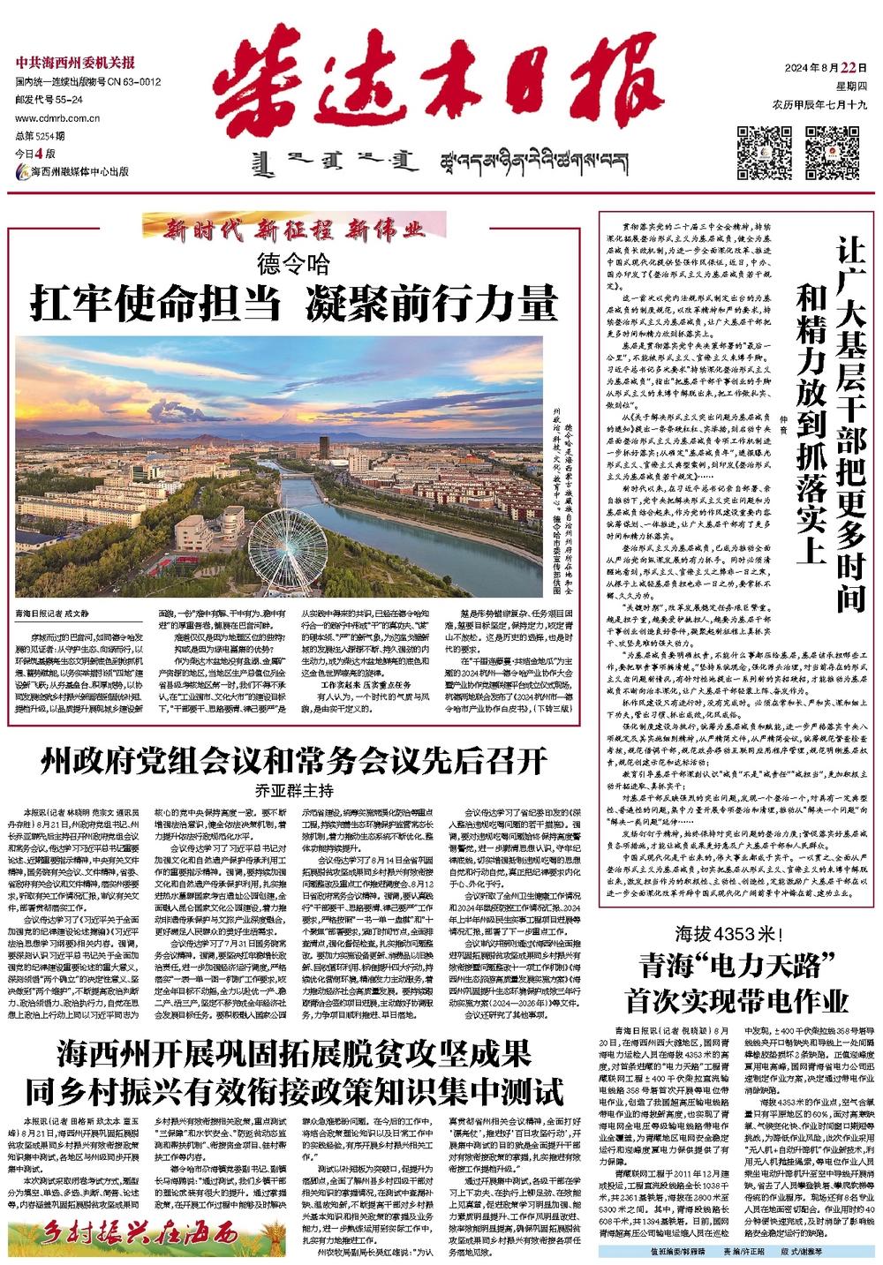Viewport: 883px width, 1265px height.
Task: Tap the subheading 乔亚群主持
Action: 295,790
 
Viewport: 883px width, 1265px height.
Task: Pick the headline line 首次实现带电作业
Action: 736,1001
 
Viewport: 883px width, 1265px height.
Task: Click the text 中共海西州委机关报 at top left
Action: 75,63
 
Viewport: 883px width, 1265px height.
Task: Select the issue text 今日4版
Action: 34,154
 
